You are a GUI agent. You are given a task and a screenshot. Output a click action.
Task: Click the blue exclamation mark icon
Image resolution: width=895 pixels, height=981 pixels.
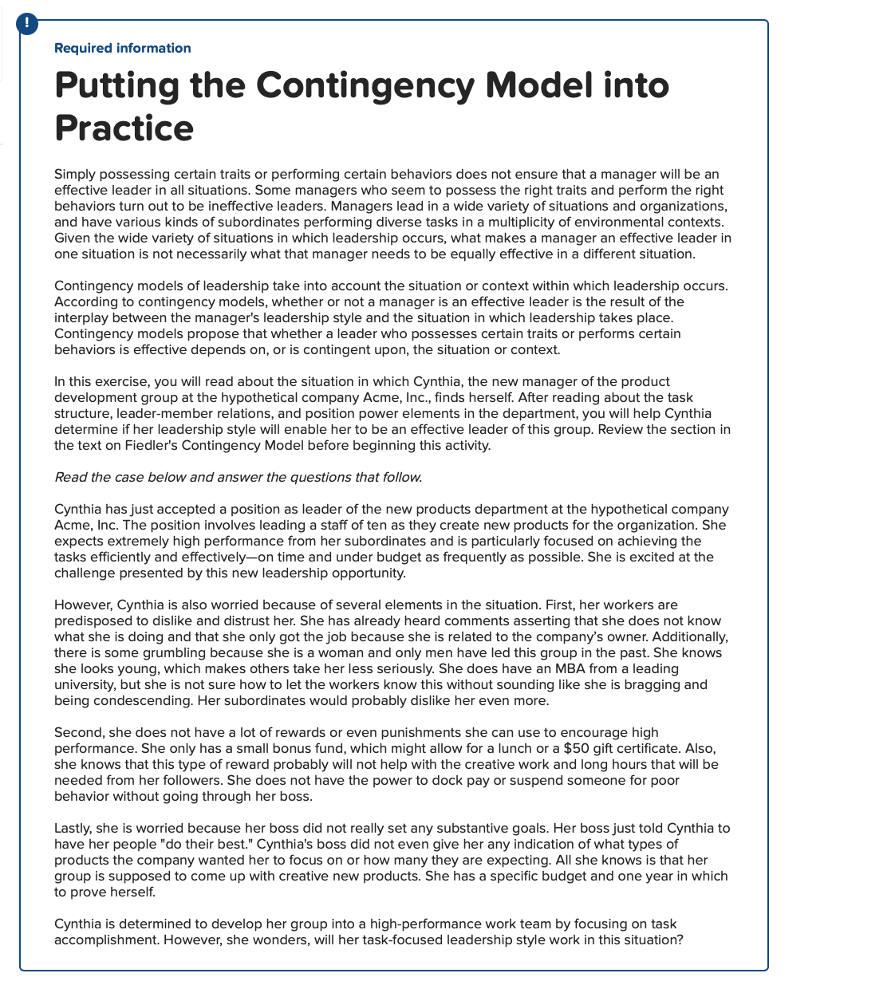[26, 24]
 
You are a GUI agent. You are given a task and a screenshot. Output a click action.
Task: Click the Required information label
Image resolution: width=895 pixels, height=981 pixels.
[122, 48]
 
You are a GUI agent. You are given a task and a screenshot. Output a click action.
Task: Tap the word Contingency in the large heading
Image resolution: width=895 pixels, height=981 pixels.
[366, 85]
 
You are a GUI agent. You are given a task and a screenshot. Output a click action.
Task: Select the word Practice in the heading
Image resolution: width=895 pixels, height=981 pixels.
[124, 128]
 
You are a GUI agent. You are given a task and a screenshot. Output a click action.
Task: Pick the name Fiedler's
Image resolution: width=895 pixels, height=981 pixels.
[151, 445]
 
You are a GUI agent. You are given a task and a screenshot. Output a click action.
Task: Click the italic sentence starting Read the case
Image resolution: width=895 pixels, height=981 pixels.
[238, 477]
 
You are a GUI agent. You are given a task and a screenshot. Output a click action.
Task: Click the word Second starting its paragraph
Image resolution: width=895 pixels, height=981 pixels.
[78, 732]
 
